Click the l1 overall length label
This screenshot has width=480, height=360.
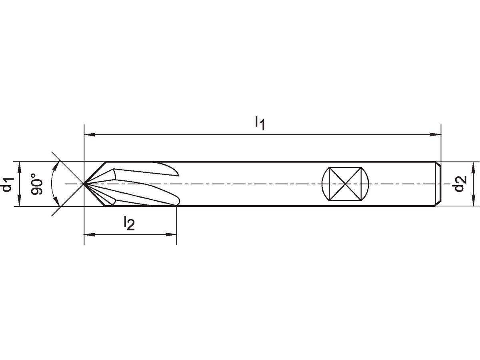pos(260,123)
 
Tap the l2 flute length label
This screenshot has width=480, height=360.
pos(129,223)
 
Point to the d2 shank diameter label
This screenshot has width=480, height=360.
pos(460,184)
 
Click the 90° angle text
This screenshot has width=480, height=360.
pos(36,184)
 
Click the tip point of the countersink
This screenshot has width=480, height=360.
pos(84,184)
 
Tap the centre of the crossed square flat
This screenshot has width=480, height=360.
pos(345,184)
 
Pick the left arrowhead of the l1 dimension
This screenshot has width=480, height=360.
pos(90,135)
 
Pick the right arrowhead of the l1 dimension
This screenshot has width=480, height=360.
pos(435,135)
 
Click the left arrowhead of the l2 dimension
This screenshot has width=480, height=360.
pos(90,235)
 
